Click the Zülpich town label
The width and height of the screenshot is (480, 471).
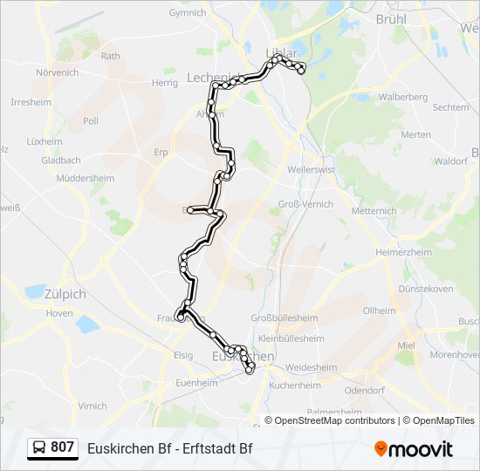click(x=65, y=294)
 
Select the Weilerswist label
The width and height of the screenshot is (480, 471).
click(x=312, y=169)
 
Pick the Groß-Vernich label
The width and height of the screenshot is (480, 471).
click(x=306, y=203)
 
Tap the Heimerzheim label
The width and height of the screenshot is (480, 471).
click(x=403, y=252)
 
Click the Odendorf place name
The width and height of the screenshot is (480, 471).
click(x=365, y=391)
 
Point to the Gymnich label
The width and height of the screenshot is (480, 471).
click(x=188, y=13)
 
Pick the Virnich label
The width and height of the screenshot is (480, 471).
click(x=93, y=406)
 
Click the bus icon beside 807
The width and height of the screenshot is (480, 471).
click(x=39, y=448)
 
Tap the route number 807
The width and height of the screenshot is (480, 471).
click(x=63, y=447)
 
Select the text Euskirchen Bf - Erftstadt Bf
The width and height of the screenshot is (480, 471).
click(x=170, y=448)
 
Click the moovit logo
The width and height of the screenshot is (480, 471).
click(x=414, y=448)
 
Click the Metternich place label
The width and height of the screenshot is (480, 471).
click(x=374, y=211)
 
